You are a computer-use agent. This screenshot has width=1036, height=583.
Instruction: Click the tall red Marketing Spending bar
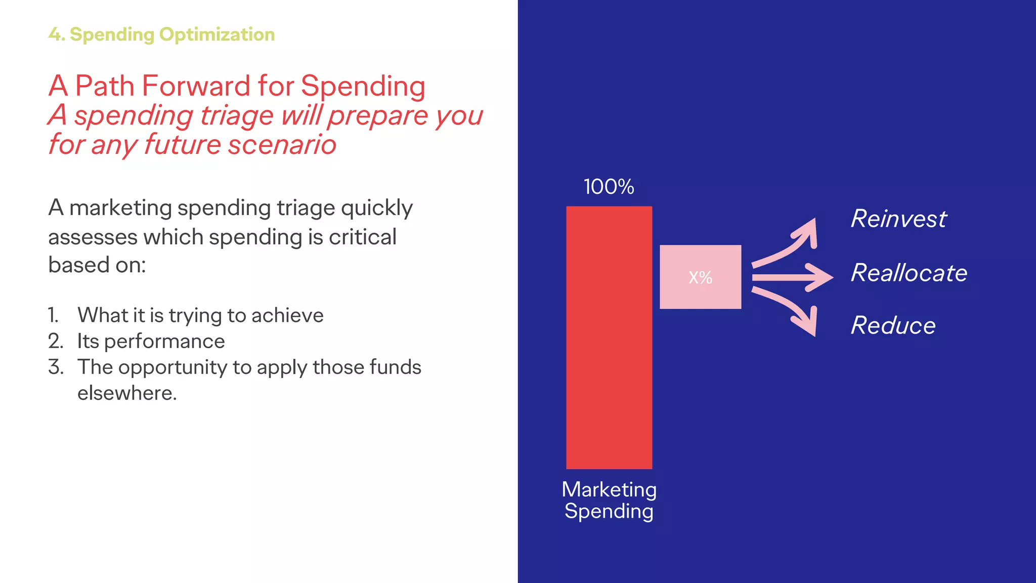[609, 337]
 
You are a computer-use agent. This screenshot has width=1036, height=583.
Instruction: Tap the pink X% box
[700, 277]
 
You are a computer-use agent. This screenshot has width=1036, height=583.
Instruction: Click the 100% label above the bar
[609, 187]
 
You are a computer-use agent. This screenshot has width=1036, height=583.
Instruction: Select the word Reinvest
[898, 219]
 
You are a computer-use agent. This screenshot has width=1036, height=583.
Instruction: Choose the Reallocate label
[909, 273]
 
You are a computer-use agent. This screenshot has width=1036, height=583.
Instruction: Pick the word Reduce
[893, 325]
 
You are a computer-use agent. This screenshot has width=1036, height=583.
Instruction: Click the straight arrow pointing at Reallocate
[792, 277]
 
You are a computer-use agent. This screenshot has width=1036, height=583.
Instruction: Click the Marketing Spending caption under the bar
[609, 500]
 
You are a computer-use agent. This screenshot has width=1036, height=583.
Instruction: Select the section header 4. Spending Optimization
[161, 34]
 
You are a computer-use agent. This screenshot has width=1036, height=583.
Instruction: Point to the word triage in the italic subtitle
[237, 115]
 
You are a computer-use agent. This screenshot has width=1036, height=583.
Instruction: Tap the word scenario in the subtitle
[282, 144]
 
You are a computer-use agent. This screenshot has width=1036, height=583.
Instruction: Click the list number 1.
[54, 315]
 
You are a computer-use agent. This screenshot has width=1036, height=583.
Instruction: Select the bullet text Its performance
[151, 341]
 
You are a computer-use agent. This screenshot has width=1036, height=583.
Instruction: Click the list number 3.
[56, 367]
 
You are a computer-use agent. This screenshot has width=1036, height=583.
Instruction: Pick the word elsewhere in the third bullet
[126, 393]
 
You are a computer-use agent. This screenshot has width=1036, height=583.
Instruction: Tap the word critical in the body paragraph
[362, 237]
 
